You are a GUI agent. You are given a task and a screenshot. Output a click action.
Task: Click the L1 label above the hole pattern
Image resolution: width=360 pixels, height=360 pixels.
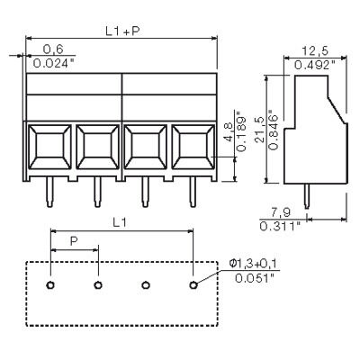pyautogui.click(x=120, y=220)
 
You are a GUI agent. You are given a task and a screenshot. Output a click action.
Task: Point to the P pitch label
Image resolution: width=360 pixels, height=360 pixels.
pyautogui.click(x=73, y=242)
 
